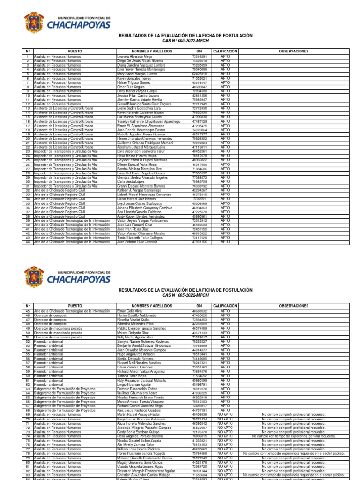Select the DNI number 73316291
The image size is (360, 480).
tap(199, 57)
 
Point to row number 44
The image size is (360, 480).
tap(28, 242)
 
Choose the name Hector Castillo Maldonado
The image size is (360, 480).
tap(136, 315)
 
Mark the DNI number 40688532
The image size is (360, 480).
tap(199, 311)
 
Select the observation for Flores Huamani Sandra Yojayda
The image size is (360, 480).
tap(294, 454)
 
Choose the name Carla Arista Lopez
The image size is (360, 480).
tap(131, 182)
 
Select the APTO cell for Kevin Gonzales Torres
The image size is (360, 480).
tap(225, 78)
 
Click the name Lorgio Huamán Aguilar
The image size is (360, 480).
tap(134, 385)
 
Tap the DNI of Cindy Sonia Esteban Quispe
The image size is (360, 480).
tap(199, 432)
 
